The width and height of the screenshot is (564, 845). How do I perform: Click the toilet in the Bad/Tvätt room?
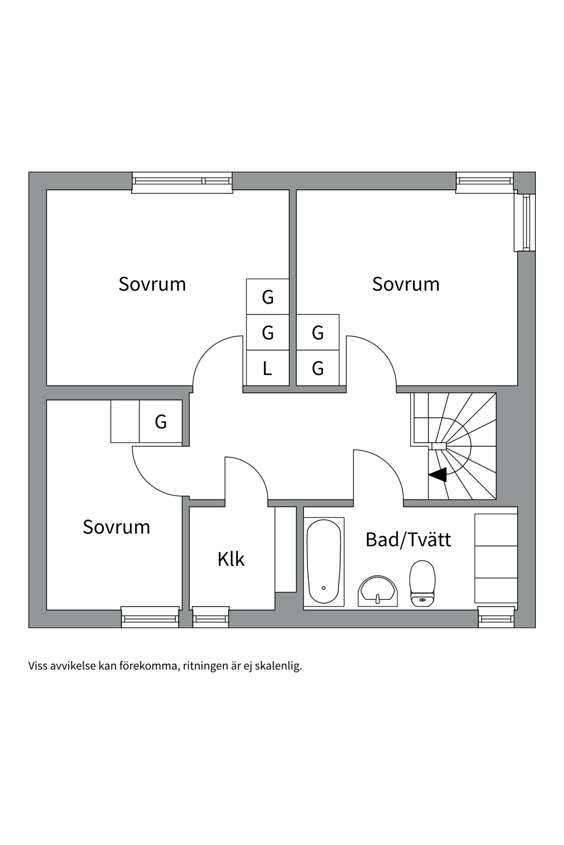(422, 583)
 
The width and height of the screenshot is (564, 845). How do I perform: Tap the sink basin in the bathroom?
(378, 591)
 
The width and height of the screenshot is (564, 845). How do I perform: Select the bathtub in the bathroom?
(324, 561)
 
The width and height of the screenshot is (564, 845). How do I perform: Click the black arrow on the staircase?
(438, 475)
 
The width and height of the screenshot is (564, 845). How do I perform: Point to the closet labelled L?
(267, 368)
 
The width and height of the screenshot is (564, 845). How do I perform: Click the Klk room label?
(231, 559)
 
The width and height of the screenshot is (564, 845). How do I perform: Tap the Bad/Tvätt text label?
(408, 540)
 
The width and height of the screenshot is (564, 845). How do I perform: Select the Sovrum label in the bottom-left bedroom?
(116, 527)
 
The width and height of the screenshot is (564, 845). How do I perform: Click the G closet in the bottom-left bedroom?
(161, 422)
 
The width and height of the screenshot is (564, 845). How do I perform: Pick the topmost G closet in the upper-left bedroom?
(267, 297)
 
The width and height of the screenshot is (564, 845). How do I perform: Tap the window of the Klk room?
(211, 617)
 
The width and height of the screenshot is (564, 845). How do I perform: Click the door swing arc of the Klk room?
(253, 471)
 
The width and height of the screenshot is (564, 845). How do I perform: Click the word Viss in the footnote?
(37, 666)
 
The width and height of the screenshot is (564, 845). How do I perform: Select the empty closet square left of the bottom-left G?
(125, 421)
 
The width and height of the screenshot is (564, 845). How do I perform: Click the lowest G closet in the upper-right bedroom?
(318, 368)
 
